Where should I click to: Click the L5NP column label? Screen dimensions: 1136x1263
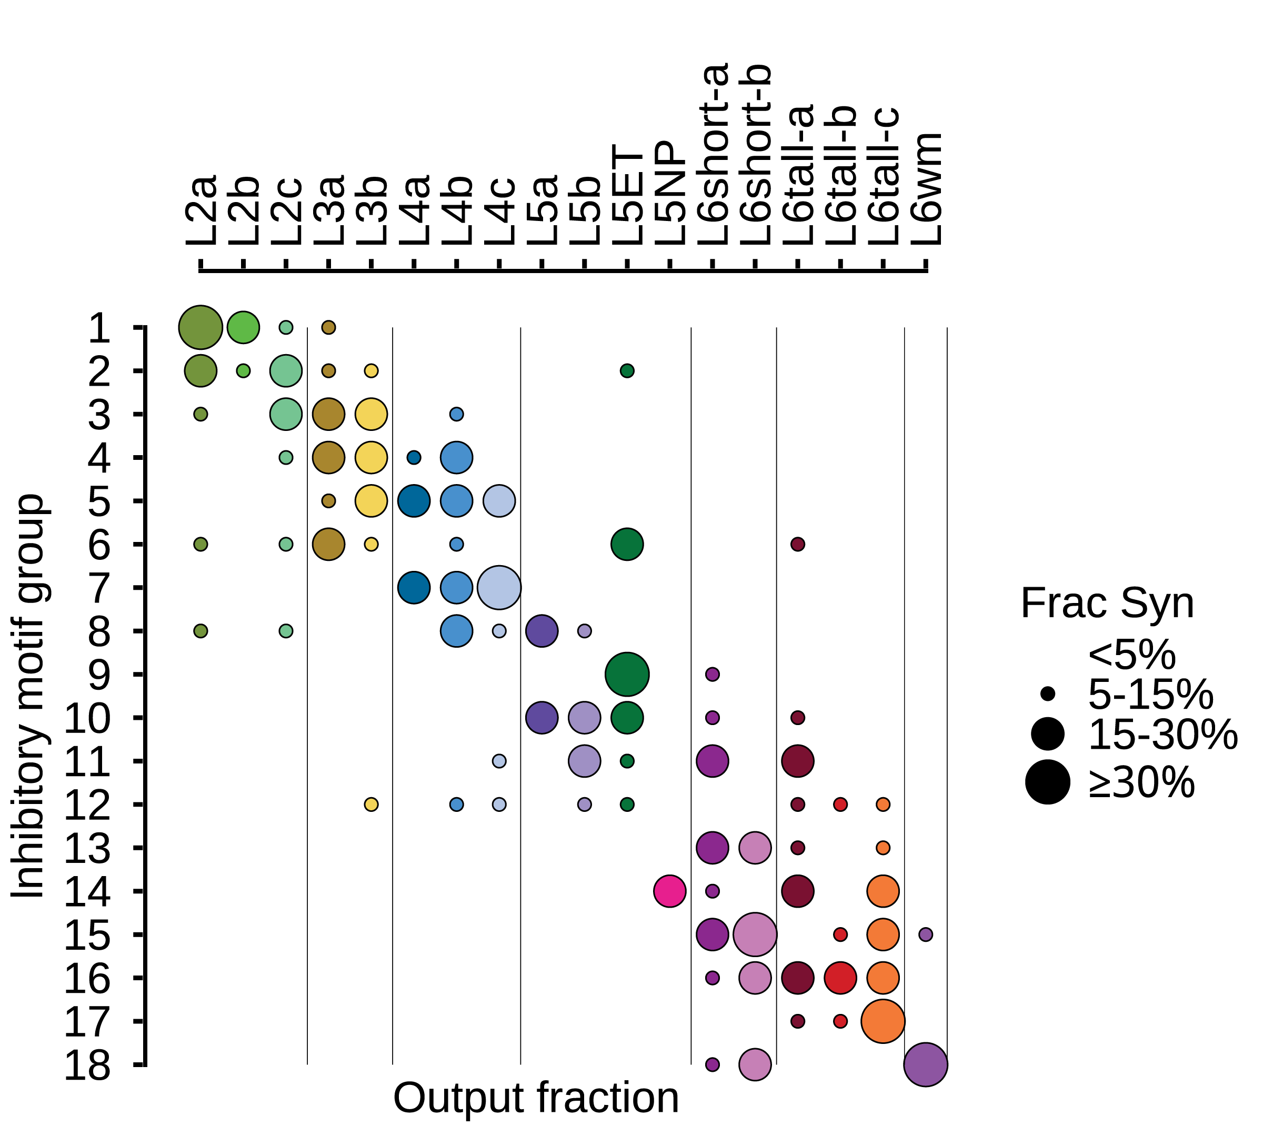coord(670,193)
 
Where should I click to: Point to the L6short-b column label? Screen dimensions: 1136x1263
coord(755,155)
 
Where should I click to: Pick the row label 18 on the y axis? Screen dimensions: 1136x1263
coord(87,1065)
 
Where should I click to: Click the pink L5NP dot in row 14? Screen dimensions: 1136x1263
coord(670,891)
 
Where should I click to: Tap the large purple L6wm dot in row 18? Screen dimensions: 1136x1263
coord(926,1065)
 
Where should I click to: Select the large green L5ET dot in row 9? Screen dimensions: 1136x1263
coord(627,674)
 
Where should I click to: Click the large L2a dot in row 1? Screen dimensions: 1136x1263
coord(201,327)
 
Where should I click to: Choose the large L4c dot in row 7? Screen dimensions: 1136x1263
coord(499,587)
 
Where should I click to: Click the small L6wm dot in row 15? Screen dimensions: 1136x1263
coord(926,934)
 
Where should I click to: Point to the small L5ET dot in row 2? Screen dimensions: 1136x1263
coord(627,371)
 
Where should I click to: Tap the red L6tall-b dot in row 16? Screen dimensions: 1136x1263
coord(840,978)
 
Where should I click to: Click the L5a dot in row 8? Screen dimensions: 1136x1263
coord(542,631)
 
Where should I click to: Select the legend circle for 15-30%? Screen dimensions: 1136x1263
coord(1048,734)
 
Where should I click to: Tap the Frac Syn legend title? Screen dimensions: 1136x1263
coord(1107,604)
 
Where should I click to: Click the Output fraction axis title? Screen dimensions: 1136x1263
coord(536,1098)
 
